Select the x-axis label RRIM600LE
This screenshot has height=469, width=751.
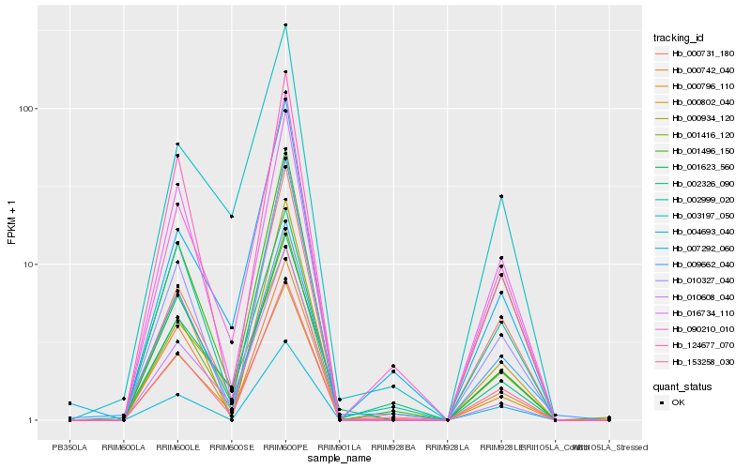[177, 447]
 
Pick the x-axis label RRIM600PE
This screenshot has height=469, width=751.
[285, 447]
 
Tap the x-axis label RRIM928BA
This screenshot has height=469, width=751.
[393, 447]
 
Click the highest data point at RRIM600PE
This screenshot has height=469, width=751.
[285, 25]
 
